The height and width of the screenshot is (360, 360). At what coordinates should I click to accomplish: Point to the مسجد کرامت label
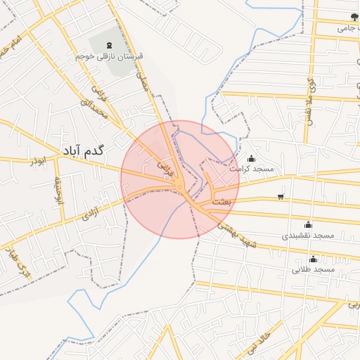pos(253,169)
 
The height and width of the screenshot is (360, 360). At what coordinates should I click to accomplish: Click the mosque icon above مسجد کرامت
pos(252,159)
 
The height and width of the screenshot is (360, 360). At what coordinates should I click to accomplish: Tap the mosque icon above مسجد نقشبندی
pos(308,224)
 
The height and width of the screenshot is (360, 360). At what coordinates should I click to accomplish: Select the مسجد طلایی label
pos(314,269)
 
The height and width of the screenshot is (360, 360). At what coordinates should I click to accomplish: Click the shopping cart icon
pos(281,196)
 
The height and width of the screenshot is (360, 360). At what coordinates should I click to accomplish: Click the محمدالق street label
pos(96,105)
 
